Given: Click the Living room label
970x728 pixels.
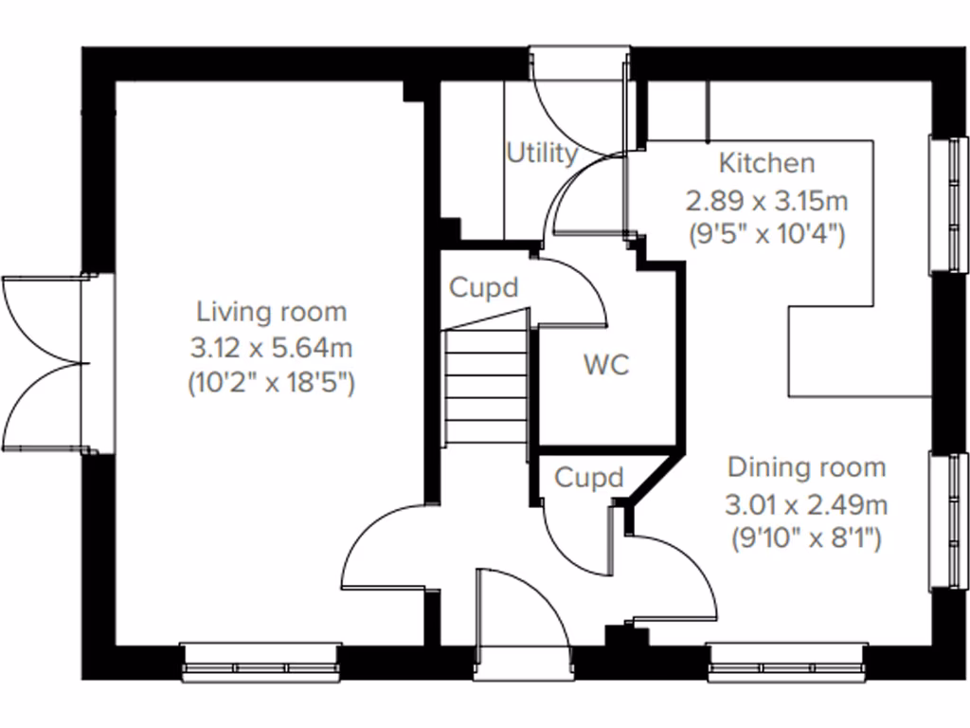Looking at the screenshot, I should click(x=271, y=311).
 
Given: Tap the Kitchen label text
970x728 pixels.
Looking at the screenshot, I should click(x=766, y=163).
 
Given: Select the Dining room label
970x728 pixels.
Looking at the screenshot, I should click(x=806, y=467).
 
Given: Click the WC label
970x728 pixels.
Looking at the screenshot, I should click(x=606, y=365).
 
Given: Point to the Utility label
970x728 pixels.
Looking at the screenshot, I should click(x=541, y=153).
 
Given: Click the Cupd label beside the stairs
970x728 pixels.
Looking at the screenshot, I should click(x=484, y=287).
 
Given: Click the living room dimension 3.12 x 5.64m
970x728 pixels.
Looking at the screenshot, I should click(x=271, y=348).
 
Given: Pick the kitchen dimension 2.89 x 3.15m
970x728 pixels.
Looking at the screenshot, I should click(x=766, y=200).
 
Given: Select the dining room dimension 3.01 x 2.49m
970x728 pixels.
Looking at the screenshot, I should click(x=807, y=503).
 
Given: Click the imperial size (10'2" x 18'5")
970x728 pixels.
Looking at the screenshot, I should click(x=271, y=384).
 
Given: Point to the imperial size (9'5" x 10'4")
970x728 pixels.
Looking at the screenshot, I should click(x=766, y=234).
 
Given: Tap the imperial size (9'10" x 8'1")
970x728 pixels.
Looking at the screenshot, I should click(x=807, y=539).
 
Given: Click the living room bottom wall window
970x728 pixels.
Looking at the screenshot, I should click(x=260, y=661).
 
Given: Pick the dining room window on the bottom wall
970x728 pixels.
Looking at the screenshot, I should click(x=785, y=661).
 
